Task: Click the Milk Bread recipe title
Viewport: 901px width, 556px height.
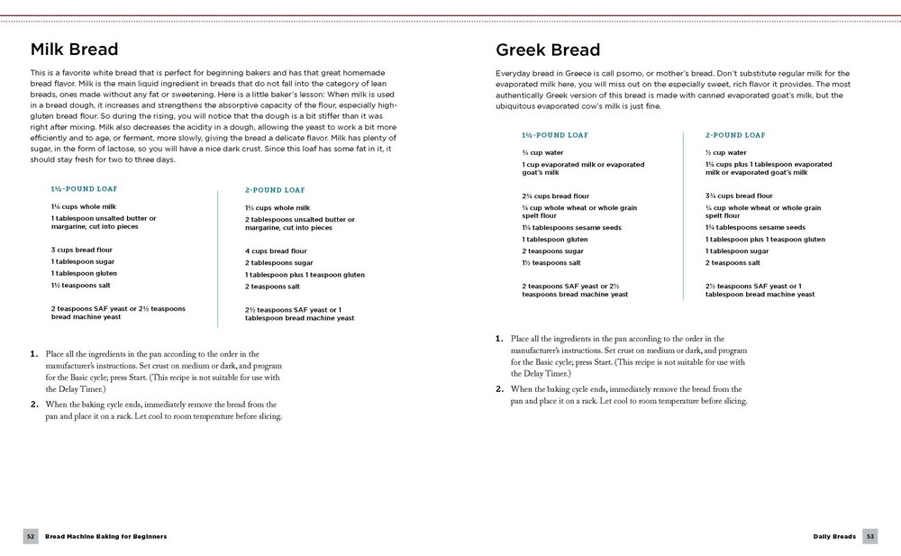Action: click(x=74, y=49)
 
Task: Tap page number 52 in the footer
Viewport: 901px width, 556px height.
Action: click(x=30, y=536)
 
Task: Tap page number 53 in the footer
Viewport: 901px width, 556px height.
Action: click(x=870, y=536)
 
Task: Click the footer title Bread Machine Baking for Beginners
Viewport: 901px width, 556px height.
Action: click(x=106, y=536)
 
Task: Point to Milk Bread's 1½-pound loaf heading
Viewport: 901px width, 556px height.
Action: click(x=84, y=189)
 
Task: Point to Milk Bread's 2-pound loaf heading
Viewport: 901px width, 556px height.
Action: click(x=275, y=190)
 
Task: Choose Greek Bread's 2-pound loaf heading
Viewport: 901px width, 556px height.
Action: click(x=735, y=135)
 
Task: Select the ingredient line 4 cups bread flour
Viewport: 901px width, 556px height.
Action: click(x=276, y=251)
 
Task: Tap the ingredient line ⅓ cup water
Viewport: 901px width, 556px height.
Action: click(x=542, y=152)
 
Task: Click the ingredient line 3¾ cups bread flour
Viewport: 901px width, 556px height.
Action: click(x=739, y=196)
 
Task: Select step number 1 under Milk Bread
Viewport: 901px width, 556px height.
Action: click(x=34, y=353)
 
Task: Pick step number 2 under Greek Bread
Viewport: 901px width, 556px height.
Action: click(x=499, y=389)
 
